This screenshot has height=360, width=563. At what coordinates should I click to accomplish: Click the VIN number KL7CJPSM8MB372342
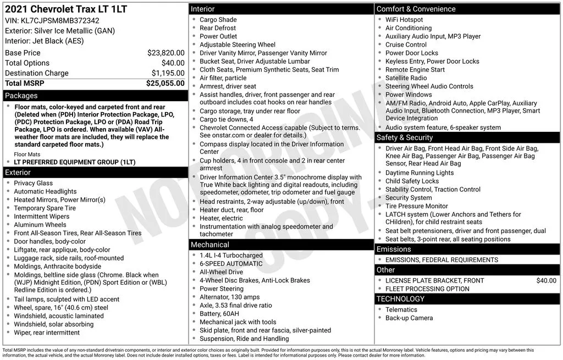click(x=64, y=21)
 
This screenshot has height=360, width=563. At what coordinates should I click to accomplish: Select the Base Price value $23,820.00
click(x=165, y=53)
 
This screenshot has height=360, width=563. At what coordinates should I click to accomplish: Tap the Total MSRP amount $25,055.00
click(x=165, y=83)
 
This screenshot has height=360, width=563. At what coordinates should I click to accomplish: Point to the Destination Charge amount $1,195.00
click(x=168, y=73)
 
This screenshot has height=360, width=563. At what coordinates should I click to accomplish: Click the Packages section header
click(x=21, y=96)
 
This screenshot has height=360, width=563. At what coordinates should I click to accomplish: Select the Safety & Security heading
click(x=404, y=137)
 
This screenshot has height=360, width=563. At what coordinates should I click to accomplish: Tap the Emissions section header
click(x=394, y=249)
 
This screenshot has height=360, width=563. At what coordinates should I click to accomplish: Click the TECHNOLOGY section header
click(x=400, y=299)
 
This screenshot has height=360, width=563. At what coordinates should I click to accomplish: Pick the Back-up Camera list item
click(x=409, y=318)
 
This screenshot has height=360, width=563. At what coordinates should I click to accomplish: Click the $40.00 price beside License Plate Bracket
click(x=546, y=280)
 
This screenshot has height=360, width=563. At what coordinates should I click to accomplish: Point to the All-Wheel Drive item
click(x=221, y=272)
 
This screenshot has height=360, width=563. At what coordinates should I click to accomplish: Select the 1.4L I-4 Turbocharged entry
click(x=231, y=256)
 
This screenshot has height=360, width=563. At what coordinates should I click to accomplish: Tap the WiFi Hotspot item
click(x=404, y=20)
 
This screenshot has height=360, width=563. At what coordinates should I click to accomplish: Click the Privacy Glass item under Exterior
click(x=34, y=183)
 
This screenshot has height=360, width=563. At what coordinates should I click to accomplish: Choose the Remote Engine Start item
click(x=415, y=70)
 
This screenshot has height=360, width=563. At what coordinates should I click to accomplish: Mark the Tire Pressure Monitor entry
click(x=417, y=206)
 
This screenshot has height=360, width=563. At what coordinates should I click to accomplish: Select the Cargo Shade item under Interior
click(x=218, y=20)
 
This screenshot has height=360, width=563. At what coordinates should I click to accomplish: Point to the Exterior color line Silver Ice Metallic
click(x=60, y=31)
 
